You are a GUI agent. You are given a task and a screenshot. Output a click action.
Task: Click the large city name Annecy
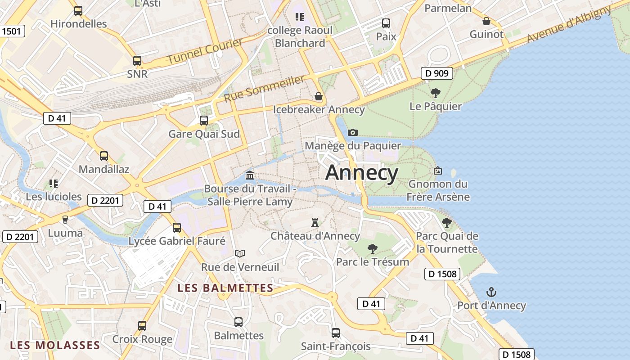click(x=362, y=173)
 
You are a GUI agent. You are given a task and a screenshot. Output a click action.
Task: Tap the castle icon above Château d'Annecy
click(x=315, y=222)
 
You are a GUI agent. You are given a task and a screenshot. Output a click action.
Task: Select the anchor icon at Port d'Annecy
click(x=491, y=292)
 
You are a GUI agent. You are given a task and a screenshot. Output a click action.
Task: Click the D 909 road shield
click(x=437, y=73)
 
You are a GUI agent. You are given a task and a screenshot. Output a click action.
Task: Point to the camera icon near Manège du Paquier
click(x=353, y=132)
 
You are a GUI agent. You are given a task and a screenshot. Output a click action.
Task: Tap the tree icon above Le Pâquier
click(x=435, y=93)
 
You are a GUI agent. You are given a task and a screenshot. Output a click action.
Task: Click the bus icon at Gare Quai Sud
click(x=204, y=121)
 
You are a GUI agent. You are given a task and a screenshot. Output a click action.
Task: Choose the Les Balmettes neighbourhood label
click(x=225, y=288)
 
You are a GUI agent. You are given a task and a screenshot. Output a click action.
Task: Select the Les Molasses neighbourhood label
click(x=55, y=345)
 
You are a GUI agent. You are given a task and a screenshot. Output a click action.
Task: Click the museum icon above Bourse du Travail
click(x=250, y=175)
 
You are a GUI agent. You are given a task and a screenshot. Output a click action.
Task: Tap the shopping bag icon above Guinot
click(x=486, y=21)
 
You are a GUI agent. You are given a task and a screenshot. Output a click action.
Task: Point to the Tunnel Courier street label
click(x=205, y=51)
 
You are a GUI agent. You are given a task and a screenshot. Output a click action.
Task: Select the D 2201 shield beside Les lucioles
click(x=105, y=200)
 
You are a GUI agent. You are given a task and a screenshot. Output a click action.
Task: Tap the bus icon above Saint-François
click(x=336, y=333)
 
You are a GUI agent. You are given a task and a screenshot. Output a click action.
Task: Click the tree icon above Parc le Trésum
click(x=372, y=248)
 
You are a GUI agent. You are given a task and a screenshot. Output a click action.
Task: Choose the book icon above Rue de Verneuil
click(x=240, y=254)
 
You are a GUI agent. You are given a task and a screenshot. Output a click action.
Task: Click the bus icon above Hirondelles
click(x=78, y=11)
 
